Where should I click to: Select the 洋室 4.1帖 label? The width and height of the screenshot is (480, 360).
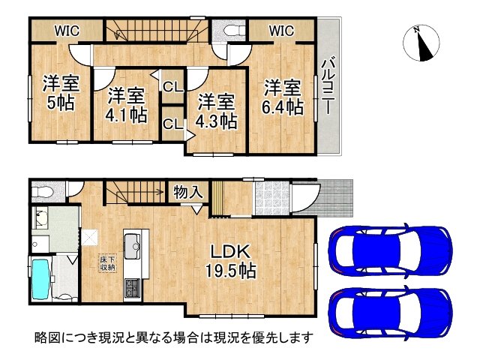point(125,106)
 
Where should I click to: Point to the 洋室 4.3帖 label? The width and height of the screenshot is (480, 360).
point(217,109)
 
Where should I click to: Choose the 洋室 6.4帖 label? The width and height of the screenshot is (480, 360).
point(282,97)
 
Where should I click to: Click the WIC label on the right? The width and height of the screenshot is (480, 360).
point(280,31)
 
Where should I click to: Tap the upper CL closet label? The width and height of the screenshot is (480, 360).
point(172,87)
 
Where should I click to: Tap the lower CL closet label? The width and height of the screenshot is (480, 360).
point(172,124)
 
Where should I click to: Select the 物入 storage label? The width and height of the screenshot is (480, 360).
point(187,192)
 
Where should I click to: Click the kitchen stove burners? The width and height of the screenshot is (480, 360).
point(132,288)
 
